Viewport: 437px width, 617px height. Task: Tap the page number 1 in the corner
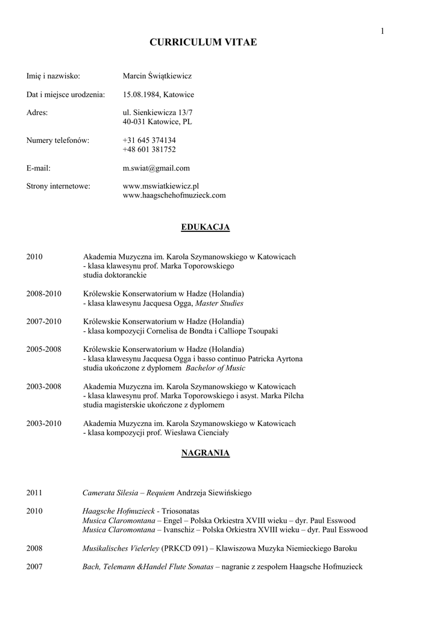pos(382,31)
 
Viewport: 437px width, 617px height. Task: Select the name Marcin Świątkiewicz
pos(157,76)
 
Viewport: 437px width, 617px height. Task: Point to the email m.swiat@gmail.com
pos(156,168)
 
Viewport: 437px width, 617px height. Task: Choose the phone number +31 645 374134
pos(149,140)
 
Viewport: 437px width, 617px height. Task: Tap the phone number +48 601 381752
pos(149,149)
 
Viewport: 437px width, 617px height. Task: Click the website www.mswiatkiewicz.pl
pos(160,186)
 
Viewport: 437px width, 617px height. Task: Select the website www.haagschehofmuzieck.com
pos(174,195)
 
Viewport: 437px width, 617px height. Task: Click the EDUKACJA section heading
pos(206,227)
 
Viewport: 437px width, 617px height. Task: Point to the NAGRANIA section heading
pos(206,453)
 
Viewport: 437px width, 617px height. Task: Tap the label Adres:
pos(37,113)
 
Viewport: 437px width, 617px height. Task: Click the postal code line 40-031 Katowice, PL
pos(157,122)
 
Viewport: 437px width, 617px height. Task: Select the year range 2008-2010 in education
pos(43,293)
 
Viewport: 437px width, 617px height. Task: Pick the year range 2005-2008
pos(43,349)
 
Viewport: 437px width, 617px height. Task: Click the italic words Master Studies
pos(219,303)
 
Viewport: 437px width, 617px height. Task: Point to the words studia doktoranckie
pos(115,275)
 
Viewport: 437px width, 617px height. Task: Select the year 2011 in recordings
pos(34,492)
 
